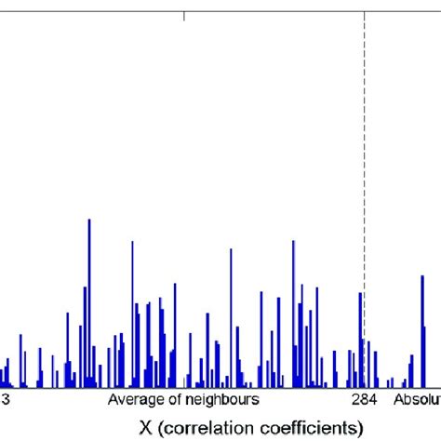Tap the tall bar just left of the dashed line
360,335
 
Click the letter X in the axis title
146,427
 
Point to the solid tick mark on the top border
185,15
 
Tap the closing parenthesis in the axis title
359,427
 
